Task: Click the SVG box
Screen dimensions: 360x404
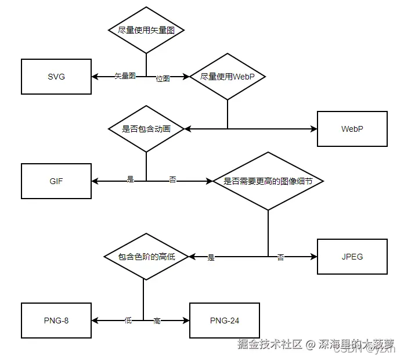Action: [56, 77]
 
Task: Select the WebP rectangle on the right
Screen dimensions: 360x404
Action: [352, 128]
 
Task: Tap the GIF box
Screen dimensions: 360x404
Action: [56, 181]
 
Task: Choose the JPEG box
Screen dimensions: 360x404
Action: [352, 257]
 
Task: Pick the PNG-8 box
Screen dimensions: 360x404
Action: [56, 321]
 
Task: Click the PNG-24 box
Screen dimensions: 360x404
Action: [224, 321]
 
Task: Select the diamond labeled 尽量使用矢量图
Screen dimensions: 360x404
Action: [146, 30]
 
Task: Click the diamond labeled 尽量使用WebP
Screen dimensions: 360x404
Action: [227, 77]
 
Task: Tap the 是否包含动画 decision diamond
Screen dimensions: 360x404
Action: [146, 129]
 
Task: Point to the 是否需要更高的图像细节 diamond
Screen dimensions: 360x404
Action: [268, 181]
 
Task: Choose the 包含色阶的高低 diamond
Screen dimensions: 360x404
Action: [146, 257]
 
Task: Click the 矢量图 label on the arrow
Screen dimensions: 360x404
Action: [125, 76]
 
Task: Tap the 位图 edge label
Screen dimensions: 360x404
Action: [163, 78]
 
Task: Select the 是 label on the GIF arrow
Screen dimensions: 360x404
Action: [130, 179]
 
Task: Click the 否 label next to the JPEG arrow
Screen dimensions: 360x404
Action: [281, 257]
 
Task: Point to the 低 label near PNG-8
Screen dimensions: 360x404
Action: [128, 320]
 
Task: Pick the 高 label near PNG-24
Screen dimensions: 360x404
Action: [157, 321]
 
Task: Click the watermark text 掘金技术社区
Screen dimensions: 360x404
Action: [270, 344]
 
